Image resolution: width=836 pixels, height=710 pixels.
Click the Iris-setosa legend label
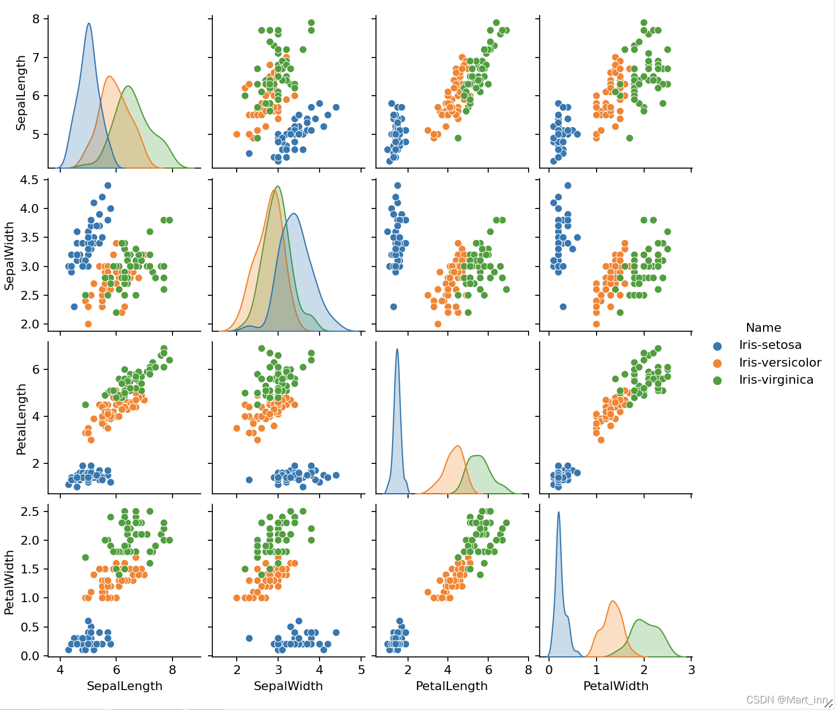tap(770, 345)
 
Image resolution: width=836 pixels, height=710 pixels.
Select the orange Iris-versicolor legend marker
tap(718, 363)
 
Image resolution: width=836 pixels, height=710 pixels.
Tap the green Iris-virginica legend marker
tap(718, 380)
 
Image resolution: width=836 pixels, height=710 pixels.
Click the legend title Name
tap(763, 327)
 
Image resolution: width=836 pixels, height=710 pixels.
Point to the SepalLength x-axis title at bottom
tap(125, 686)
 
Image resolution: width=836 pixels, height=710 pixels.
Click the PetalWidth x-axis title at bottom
tap(616, 686)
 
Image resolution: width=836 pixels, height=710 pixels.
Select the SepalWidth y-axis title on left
tap(9, 256)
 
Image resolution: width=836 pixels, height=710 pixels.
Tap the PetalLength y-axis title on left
tap(21, 419)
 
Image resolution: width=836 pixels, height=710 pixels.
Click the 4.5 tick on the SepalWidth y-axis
tap(31, 180)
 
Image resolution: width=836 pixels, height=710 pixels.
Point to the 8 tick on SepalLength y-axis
tap(36, 19)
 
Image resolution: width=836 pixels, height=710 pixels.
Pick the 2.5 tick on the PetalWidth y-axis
tap(31, 511)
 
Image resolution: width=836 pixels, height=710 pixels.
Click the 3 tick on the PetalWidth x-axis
tap(691, 670)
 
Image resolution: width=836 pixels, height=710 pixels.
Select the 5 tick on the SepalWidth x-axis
tap(361, 670)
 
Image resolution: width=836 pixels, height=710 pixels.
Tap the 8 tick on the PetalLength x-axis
tap(528, 670)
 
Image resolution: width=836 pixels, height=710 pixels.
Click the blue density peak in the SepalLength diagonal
tap(88, 24)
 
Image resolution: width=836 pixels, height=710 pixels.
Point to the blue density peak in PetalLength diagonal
tap(397, 349)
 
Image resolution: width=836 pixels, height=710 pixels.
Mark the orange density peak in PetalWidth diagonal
tap(613, 602)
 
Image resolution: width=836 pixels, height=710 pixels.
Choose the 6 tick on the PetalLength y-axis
tap(36, 369)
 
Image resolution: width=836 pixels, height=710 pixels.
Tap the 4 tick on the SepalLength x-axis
tap(60, 670)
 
